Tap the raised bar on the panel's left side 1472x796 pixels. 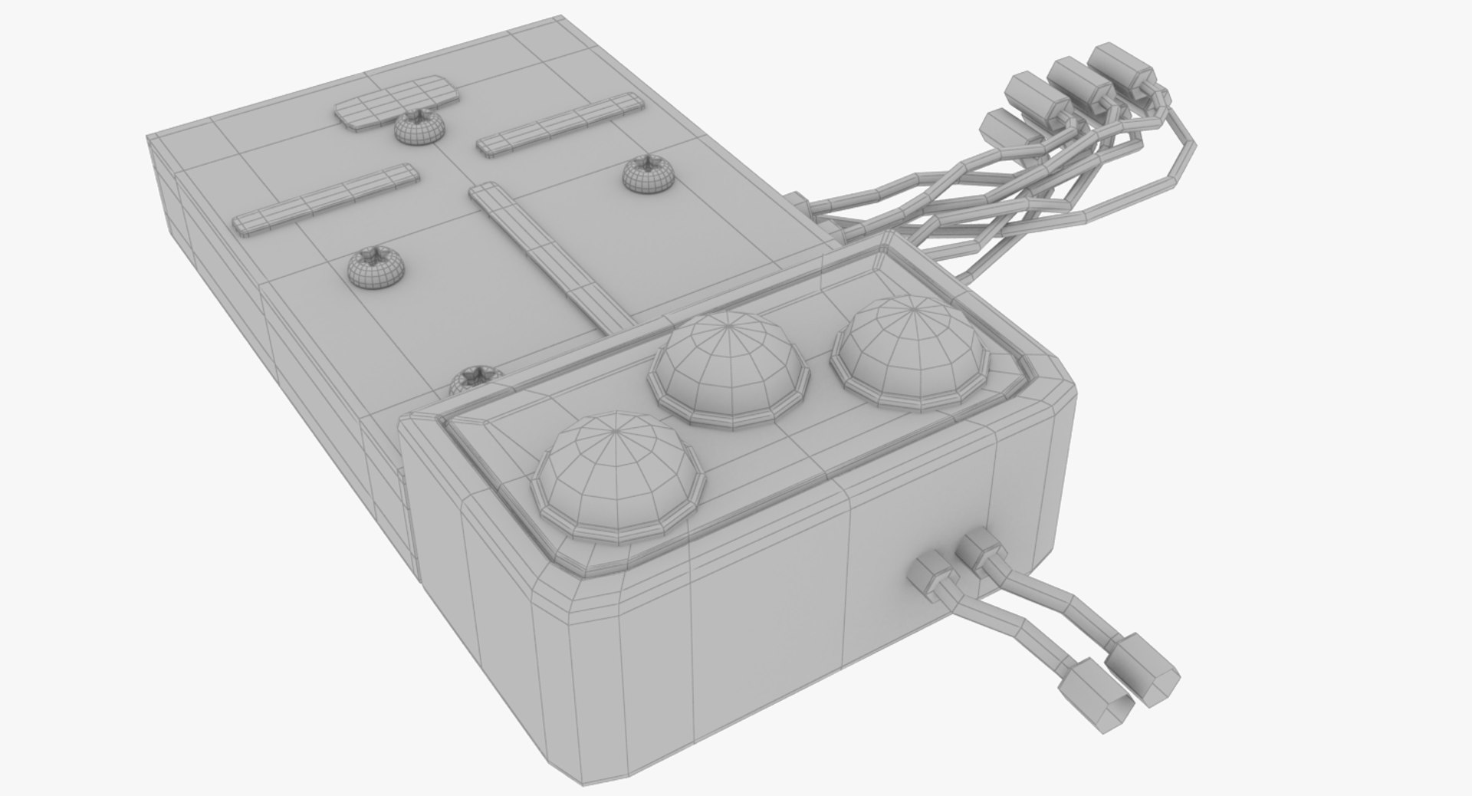click(x=326, y=199)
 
